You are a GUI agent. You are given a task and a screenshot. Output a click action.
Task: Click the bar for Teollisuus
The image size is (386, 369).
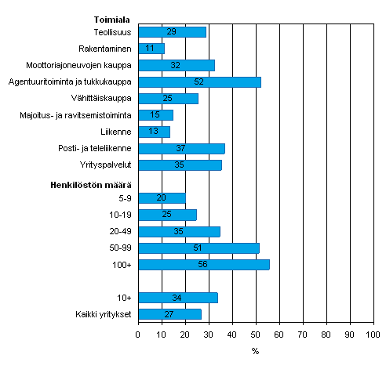tap(172, 32)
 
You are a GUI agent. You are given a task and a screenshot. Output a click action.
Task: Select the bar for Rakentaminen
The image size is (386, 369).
tap(151, 49)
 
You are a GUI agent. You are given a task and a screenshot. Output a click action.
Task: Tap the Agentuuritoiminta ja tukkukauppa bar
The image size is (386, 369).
tap(199, 81)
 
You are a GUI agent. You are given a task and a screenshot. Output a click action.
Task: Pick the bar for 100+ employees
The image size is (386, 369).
tap(204, 265)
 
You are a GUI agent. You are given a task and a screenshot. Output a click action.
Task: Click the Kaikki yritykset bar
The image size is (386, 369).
tap(169, 314)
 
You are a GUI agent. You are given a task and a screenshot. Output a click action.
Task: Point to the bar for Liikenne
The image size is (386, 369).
tap(154, 132)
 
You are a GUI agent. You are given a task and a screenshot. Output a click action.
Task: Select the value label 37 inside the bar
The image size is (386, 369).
tap(181, 148)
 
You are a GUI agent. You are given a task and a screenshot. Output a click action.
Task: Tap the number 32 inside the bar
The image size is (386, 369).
tap(176, 65)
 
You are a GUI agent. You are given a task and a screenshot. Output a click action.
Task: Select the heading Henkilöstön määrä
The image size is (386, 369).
tap(96, 183)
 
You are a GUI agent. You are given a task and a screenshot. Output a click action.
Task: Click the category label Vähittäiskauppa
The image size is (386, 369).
tap(109, 99)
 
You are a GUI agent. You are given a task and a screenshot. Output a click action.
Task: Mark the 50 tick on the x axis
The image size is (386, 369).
tap(256, 336)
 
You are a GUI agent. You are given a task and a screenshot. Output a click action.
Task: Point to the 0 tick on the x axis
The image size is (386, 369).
tap(138, 336)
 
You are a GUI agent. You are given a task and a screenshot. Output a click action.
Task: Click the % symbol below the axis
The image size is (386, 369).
tap(255, 351)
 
